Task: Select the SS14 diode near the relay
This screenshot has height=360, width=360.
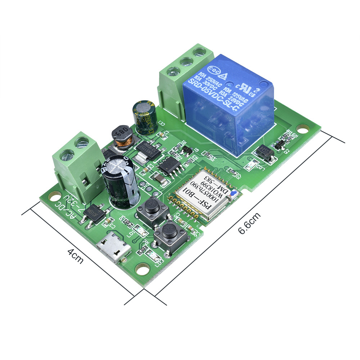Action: (x=264, y=153)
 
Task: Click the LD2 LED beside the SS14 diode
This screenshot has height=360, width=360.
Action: (x=251, y=166)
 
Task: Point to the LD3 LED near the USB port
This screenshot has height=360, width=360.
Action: (x=153, y=257)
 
